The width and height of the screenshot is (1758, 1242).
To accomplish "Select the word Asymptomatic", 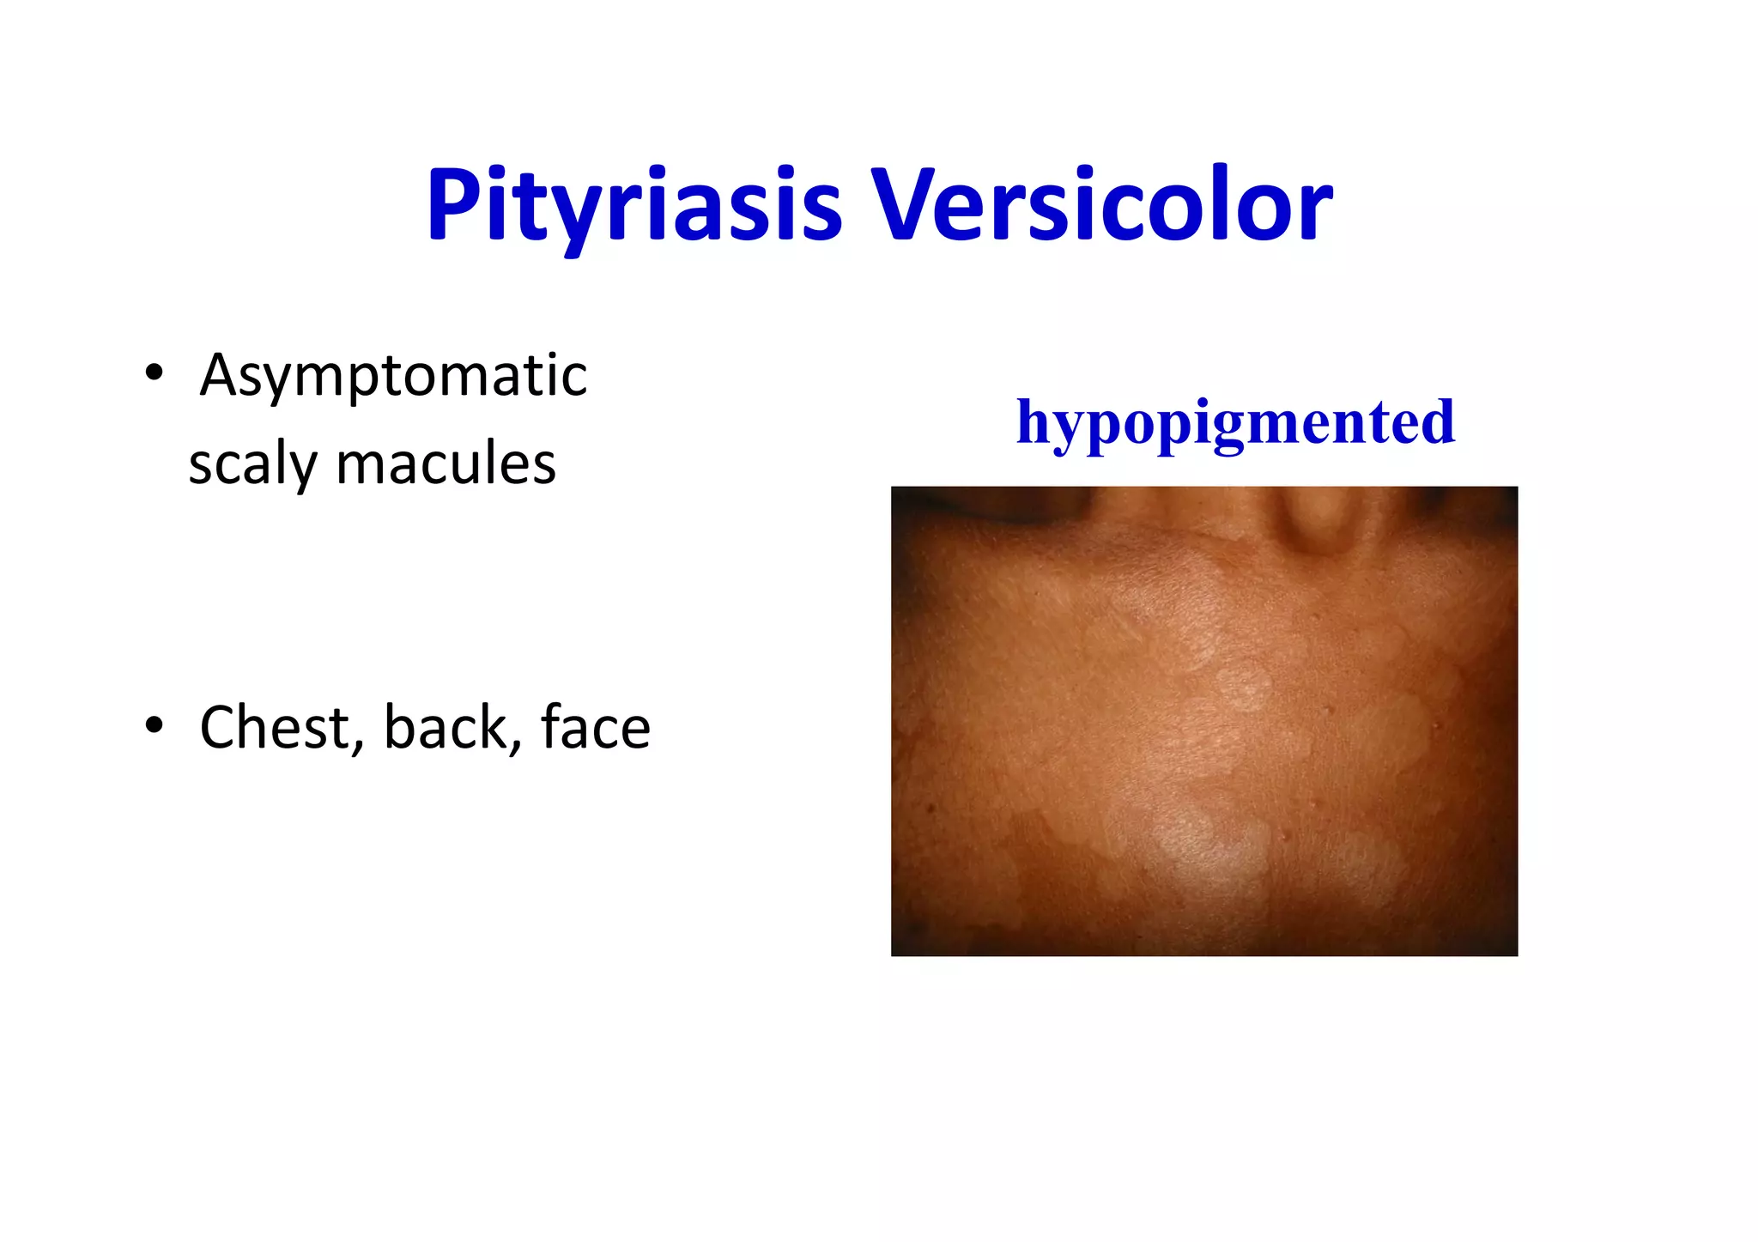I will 393,375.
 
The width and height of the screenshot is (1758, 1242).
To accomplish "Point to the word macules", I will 446,463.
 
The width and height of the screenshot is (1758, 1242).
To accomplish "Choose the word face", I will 595,728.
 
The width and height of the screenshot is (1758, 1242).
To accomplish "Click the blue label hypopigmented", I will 1235,422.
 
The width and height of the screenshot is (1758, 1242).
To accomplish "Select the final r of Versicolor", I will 1316,210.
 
